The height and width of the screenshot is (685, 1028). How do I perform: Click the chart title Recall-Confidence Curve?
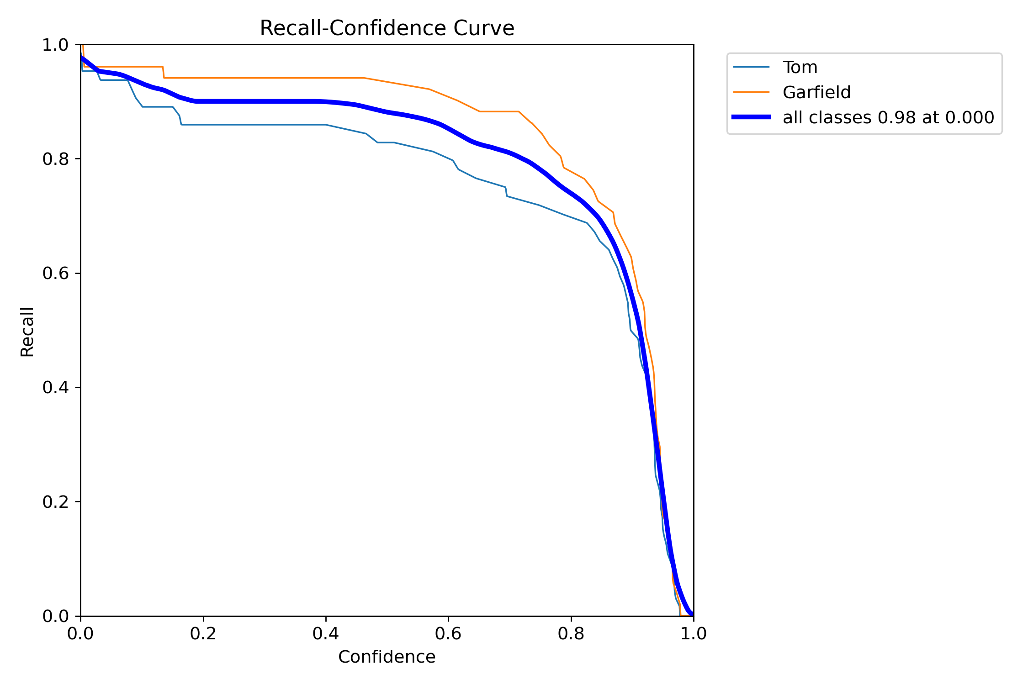click(x=387, y=28)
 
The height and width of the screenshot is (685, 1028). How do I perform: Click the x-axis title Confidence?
click(x=387, y=657)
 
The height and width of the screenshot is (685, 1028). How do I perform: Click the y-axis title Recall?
click(x=27, y=332)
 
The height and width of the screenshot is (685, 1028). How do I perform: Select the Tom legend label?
click(x=800, y=67)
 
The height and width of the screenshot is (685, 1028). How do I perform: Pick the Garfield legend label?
click(x=816, y=92)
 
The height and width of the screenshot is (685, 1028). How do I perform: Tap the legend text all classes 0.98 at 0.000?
click(x=888, y=117)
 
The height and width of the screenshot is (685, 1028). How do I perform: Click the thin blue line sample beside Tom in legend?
click(x=751, y=67)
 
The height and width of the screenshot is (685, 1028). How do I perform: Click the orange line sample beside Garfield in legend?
click(x=751, y=92)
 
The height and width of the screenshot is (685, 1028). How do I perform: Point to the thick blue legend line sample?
click(x=751, y=117)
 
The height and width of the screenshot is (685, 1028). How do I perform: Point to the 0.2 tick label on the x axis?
click(x=203, y=633)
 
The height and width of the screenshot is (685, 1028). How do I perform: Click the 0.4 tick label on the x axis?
click(x=326, y=633)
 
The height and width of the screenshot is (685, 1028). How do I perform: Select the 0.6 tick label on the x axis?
click(x=448, y=633)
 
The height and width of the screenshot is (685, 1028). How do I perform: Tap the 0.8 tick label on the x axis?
click(x=571, y=633)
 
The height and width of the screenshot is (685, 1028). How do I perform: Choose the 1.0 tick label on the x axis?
click(x=694, y=633)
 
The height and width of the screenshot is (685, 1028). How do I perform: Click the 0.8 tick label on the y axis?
click(x=55, y=159)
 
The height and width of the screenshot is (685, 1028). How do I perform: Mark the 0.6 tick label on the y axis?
click(x=55, y=273)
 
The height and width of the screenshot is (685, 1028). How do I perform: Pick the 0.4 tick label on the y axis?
click(x=55, y=387)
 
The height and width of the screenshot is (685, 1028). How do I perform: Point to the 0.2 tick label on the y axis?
click(x=55, y=502)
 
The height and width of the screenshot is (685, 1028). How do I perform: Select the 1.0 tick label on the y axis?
click(x=55, y=45)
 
